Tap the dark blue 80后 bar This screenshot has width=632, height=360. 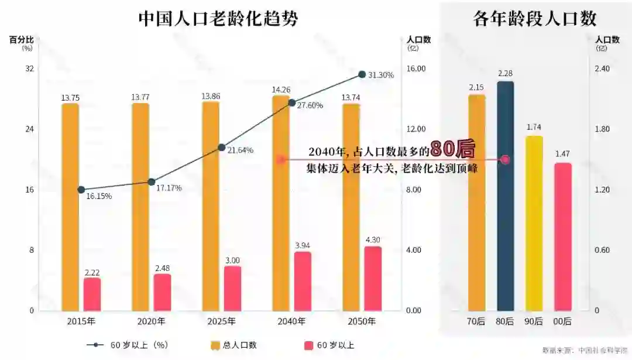[506, 196]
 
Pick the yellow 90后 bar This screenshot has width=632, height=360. [534, 223]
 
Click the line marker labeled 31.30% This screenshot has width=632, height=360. [362, 74]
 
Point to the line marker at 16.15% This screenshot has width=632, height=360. [81, 190]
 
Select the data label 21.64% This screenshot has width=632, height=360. [240, 150]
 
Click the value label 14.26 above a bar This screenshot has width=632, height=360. [281, 90]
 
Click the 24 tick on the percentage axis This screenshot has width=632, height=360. [29, 129]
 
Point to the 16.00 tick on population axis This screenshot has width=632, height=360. [415, 69]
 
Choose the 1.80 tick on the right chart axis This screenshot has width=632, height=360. [602, 129]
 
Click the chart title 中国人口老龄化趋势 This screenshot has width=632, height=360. [218, 19]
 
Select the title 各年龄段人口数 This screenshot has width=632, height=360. [535, 19]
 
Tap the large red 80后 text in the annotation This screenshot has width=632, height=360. [452, 149]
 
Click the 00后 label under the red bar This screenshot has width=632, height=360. [563, 321]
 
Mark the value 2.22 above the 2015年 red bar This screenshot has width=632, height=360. [92, 273]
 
